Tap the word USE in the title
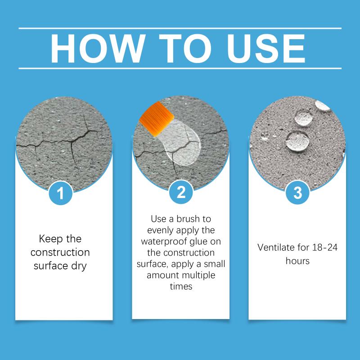266,49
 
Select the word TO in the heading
185,49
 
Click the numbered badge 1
61,193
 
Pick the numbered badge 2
181,192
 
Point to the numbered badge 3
297,193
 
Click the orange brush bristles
156,119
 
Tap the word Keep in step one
51,239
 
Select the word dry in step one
79,266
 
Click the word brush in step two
188,219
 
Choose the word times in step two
181,287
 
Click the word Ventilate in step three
276,247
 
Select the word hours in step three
297,261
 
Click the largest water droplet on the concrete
297,141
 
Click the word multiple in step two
196,275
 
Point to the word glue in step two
199,242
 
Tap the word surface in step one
50,266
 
